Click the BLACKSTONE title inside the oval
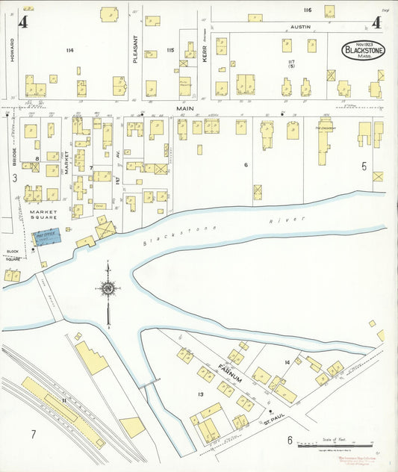tap(364, 51)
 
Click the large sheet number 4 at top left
tap(23, 22)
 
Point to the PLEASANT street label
tap(135, 51)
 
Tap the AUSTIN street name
tap(299, 26)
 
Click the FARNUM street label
tap(230, 373)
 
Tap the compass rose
tap(109, 288)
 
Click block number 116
tap(307, 10)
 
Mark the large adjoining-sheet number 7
tap(33, 434)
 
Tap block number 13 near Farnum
tap(200, 394)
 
